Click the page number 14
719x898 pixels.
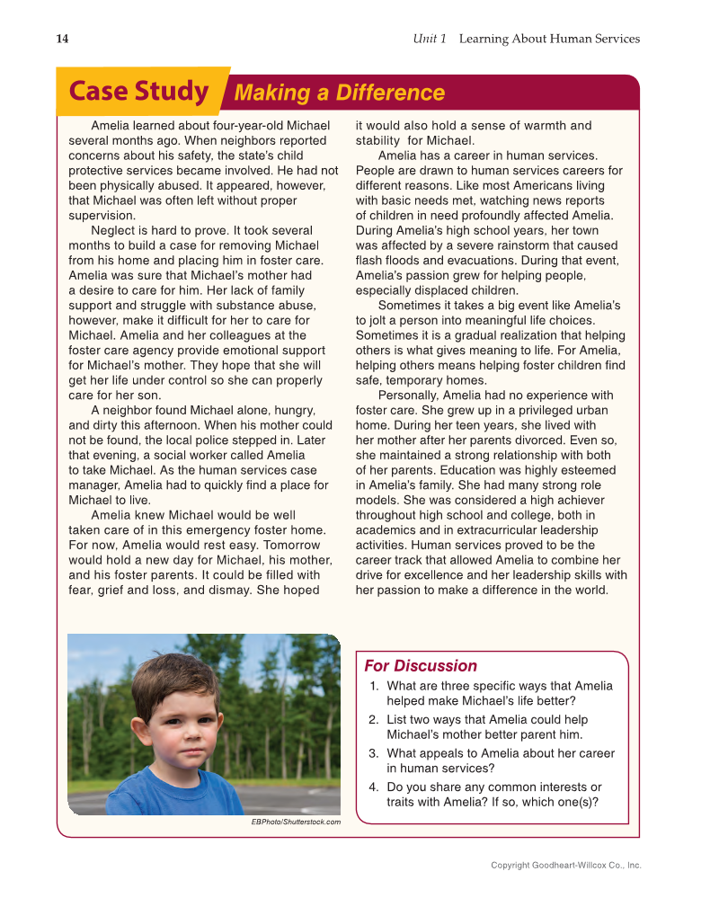[x=62, y=39]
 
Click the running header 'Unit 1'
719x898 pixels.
[x=430, y=39]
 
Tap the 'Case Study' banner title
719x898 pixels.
[x=138, y=92]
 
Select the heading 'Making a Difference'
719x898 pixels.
[x=339, y=93]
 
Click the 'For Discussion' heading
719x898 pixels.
[x=420, y=666]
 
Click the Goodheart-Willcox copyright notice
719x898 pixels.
[x=565, y=865]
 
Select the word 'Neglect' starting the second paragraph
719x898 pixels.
[x=114, y=231]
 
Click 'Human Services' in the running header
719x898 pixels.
[x=594, y=39]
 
